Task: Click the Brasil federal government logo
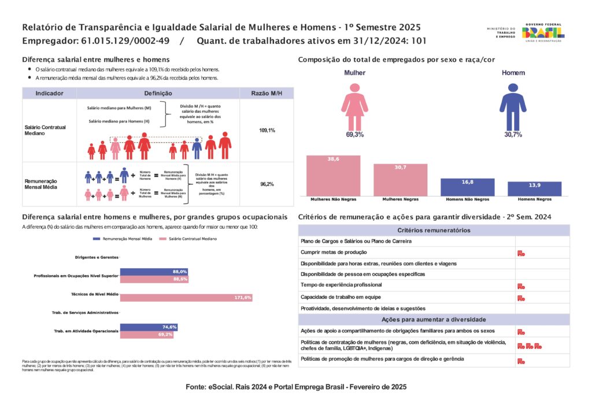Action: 543,32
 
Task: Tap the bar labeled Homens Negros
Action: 534,189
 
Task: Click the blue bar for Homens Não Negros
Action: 467,187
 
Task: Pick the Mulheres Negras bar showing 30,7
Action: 400,180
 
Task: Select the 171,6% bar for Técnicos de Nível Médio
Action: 186,298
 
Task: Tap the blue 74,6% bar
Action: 148,327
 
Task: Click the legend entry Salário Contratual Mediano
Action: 186,238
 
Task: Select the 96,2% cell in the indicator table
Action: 267,184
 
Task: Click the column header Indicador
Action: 49,93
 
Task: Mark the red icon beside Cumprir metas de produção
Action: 521,253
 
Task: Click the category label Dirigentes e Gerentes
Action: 97,257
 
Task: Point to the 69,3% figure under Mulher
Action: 354,134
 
